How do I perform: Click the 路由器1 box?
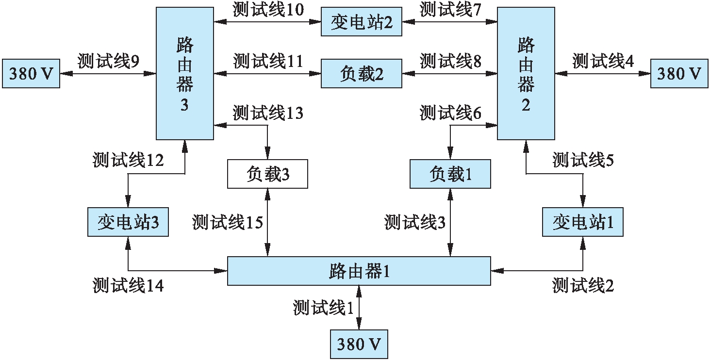click(359, 271)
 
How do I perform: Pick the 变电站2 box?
click(362, 22)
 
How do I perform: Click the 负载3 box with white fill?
click(267, 174)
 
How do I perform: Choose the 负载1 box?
click(450, 174)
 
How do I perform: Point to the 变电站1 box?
click(582, 223)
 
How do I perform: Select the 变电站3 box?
click(128, 223)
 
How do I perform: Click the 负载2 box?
click(362, 74)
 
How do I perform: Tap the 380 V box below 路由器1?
click(359, 344)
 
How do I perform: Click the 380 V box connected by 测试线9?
click(31, 74)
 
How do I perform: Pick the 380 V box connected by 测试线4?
click(679, 74)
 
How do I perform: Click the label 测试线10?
click(268, 10)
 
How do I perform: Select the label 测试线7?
click(450, 10)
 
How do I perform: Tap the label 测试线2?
click(582, 286)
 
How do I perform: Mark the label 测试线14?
click(128, 286)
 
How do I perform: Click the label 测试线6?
click(450, 113)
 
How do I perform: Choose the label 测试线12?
click(128, 160)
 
